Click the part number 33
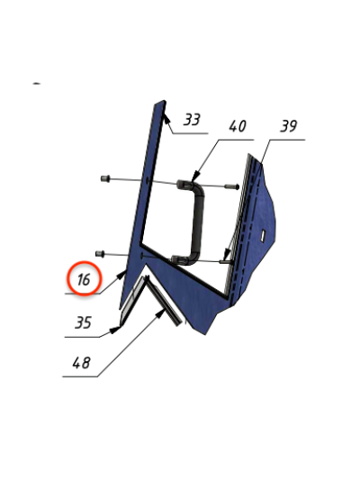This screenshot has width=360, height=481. [x=192, y=120]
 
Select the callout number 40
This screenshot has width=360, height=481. [x=238, y=126]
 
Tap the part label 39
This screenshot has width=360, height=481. [x=289, y=126]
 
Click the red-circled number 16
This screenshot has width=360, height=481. [x=84, y=280]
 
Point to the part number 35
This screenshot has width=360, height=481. [x=83, y=322]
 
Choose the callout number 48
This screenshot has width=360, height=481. [x=81, y=363]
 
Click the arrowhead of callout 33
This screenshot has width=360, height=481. [x=166, y=118]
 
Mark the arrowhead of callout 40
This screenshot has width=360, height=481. [x=194, y=177]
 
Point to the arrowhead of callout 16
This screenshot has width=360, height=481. [x=121, y=275]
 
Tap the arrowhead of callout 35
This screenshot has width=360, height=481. [x=115, y=330]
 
